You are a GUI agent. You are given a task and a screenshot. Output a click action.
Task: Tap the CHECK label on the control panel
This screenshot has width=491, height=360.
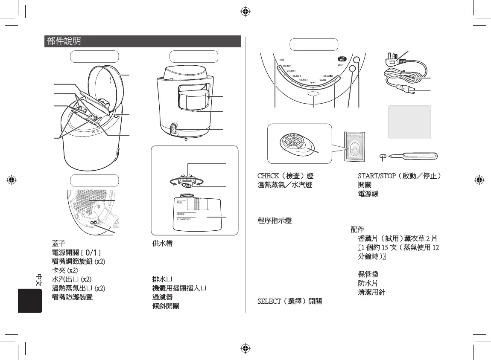coord(282,60)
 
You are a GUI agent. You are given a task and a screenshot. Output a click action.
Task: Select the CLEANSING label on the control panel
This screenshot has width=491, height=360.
coord(331,76)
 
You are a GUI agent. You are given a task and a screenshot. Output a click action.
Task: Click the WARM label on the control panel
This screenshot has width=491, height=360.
coord(323,80)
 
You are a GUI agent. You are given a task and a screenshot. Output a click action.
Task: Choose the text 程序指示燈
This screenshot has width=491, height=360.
coord(275,221)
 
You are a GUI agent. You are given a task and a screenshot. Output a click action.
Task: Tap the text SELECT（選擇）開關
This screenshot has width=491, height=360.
coord(289,302)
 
